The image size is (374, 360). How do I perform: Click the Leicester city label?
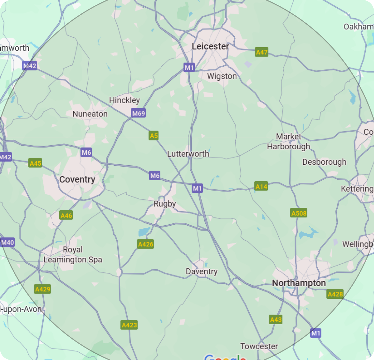click(210, 47)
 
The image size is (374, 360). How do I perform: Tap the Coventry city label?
click(77, 180)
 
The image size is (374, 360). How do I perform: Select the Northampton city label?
click(299, 283)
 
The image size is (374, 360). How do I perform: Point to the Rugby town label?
click(165, 204)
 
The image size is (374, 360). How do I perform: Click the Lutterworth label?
click(188, 154)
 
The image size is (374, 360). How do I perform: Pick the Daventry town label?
click(202, 272)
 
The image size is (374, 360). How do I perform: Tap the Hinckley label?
click(124, 100)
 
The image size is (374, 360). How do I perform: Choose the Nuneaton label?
click(90, 114)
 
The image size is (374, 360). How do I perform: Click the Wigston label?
click(222, 76)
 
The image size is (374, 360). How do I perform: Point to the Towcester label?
click(259, 346)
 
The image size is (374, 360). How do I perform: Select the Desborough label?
click(324, 162)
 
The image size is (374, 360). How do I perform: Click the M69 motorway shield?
click(138, 113)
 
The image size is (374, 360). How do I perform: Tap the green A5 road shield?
click(154, 136)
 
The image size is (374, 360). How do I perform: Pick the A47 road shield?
click(261, 52)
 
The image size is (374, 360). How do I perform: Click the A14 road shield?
click(261, 186)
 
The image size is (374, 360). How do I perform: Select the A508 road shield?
click(299, 213)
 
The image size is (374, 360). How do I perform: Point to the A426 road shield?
click(145, 244)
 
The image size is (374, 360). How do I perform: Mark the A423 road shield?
click(129, 325)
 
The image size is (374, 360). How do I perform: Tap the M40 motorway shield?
click(7, 242)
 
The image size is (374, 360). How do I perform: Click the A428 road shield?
click(335, 294)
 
